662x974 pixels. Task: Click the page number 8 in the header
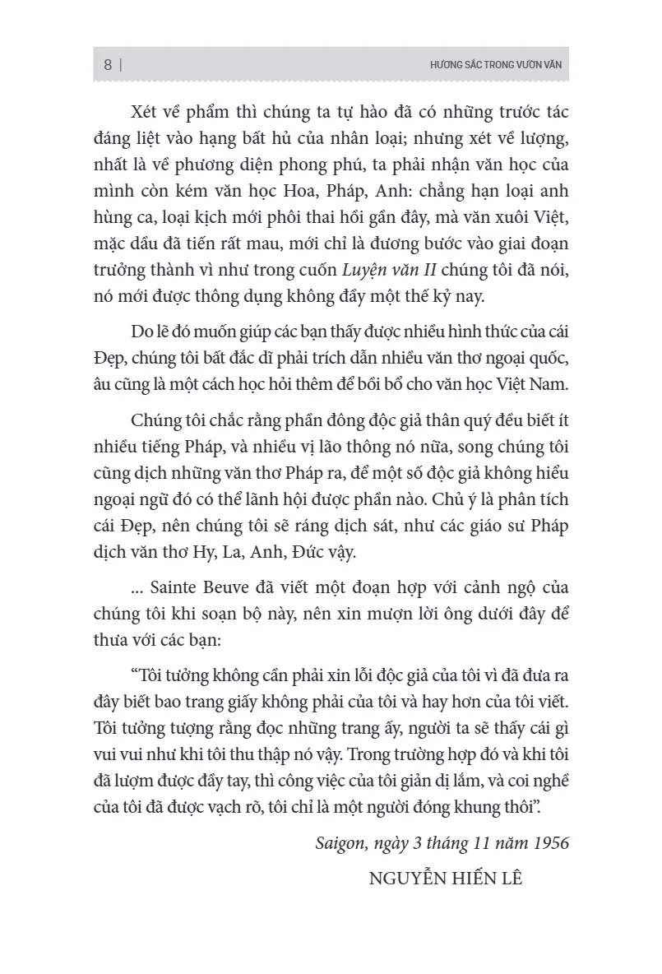pos(108,65)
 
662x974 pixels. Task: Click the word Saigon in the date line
pos(339,843)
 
